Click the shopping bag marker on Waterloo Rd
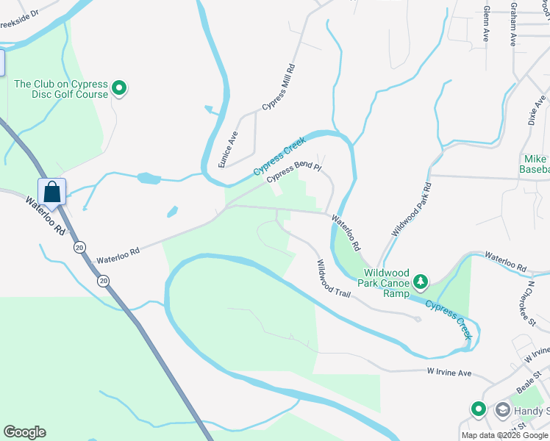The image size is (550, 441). click(52, 192)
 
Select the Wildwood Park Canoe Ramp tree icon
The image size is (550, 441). click(420, 282)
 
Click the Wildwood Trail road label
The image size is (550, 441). click(333, 278)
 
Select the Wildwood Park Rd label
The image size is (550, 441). click(410, 209)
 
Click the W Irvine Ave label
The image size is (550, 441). click(449, 373)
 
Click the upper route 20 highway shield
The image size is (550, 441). click(79, 248)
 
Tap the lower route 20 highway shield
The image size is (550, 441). click(103, 280)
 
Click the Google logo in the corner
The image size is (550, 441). click(24, 432)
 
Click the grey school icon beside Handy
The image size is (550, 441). click(503, 409)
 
